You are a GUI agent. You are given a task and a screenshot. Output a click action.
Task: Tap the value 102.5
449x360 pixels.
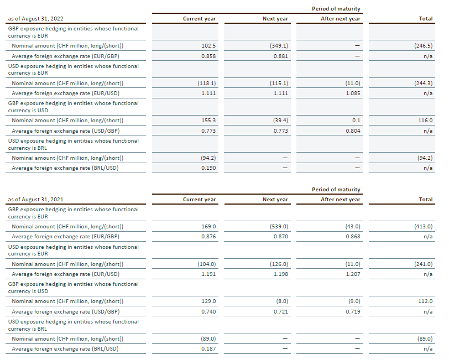(208, 45)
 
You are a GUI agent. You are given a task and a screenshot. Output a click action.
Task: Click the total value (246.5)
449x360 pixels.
(423, 45)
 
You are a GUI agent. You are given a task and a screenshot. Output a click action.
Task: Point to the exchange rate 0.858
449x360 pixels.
(208, 56)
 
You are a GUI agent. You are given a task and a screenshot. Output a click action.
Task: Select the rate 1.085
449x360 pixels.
(352, 93)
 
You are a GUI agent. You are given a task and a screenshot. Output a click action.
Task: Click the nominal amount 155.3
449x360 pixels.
(208, 120)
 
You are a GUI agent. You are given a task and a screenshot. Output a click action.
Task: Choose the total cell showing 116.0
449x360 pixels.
(425, 120)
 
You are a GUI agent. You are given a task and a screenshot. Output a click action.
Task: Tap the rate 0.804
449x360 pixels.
(352, 131)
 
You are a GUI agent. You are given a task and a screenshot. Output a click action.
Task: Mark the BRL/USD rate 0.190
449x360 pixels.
(208, 168)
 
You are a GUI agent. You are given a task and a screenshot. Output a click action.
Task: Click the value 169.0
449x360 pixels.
(208, 226)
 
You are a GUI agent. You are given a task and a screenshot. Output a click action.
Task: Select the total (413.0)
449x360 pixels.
(423, 226)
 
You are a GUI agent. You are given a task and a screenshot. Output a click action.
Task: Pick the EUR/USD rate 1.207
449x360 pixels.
(352, 274)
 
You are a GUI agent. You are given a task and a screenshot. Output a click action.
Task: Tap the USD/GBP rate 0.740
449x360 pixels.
(208, 312)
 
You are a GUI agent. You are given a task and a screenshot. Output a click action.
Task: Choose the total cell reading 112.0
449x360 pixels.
(425, 301)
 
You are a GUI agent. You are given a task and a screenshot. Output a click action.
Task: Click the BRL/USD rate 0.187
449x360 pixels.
(208, 349)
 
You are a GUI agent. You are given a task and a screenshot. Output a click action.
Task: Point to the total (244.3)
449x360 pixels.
(423, 83)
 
